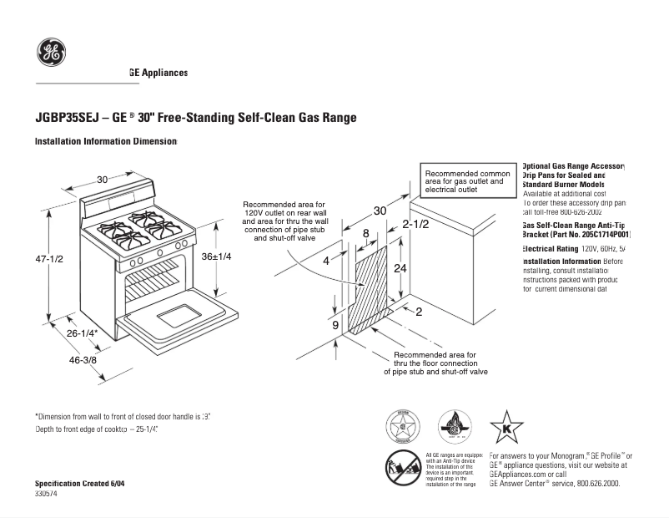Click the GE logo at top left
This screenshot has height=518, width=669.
pos(51,53)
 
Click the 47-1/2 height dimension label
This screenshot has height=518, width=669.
pos(49,260)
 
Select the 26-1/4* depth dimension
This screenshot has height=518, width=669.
pos(83,333)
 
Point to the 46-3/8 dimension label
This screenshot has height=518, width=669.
pos(83,360)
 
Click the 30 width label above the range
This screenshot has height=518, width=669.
pos(102,180)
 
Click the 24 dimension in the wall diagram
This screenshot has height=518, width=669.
pos(400,269)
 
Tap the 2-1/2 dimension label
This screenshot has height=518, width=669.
pos(415,225)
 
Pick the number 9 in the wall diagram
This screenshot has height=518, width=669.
pos(335,325)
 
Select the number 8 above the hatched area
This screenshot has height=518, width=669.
pos(365,233)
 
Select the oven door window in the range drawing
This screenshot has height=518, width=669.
pos(176,316)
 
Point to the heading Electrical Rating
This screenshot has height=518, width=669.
pos(550,249)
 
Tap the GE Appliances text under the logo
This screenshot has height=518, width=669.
pos(158,74)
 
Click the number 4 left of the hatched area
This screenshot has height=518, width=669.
pos(326,262)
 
